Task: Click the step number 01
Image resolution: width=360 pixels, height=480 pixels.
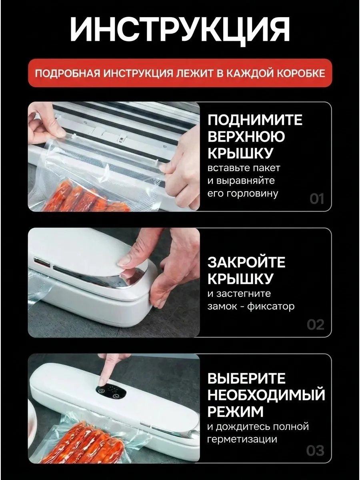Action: point(317,199)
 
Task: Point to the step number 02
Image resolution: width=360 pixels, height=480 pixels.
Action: point(316,325)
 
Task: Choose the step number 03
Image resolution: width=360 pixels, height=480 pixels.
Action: point(315,451)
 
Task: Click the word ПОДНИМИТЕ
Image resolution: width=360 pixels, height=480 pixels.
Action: point(255,120)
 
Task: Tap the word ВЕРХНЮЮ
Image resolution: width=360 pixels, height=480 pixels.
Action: point(246,137)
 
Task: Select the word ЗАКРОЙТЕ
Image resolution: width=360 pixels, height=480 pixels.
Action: point(246,262)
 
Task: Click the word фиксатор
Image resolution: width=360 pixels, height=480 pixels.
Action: point(271,306)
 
